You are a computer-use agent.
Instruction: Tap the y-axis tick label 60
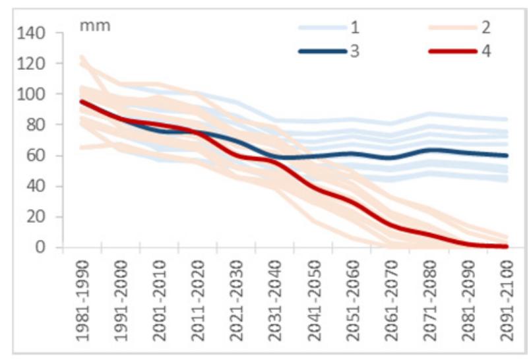pyautogui.click(x=34, y=156)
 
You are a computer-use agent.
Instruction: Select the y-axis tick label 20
pyautogui.click(x=34, y=218)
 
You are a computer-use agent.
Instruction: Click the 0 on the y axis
pyautogui.click(x=39, y=248)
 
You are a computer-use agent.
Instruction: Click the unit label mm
pyautogui.click(x=95, y=26)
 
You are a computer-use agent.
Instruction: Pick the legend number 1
pyautogui.click(x=354, y=28)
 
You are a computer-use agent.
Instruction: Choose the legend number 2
pyautogui.click(x=486, y=28)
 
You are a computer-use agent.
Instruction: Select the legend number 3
pyautogui.click(x=354, y=51)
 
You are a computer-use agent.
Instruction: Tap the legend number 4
pyautogui.click(x=486, y=51)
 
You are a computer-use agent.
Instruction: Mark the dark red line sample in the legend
pyautogui.click(x=453, y=51)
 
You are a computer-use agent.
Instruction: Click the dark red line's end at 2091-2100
pyautogui.click(x=507, y=247)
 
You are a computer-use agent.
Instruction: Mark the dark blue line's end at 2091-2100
pyautogui.click(x=507, y=156)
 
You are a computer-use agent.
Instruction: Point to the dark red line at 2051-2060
pyautogui.click(x=351, y=202)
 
